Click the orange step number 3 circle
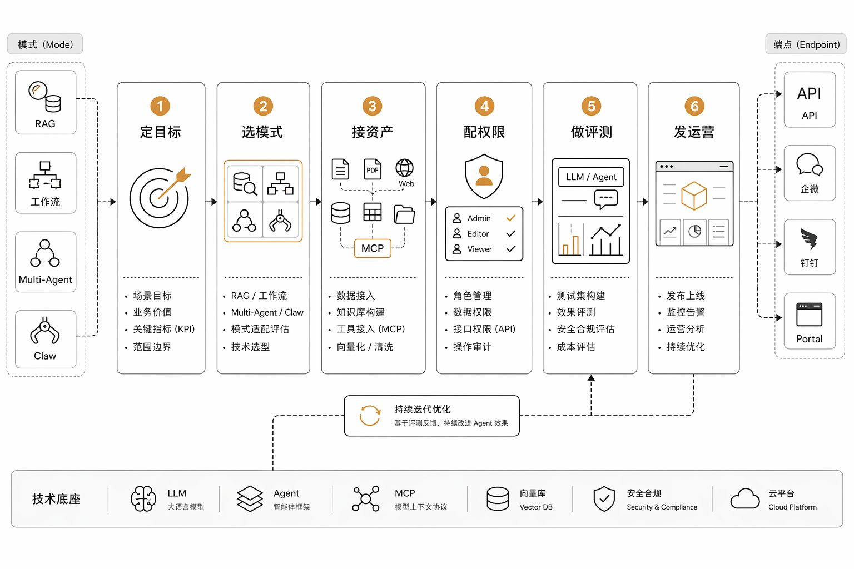372,106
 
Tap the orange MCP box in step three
373,248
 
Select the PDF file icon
373,169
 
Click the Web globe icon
405,168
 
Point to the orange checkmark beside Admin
511,218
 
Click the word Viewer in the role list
480,249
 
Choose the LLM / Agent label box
591,177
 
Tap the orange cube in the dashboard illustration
694,196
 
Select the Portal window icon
809,315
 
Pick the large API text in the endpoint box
809,94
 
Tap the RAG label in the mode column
45,124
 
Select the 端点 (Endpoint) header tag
806,44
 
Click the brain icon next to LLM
143,498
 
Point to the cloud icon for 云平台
745,498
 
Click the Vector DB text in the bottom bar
536,507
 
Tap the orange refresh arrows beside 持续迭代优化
370,416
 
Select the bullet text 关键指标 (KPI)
164,329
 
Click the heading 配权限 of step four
484,132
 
